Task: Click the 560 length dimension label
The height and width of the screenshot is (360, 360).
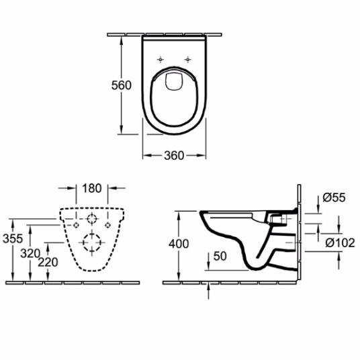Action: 121,86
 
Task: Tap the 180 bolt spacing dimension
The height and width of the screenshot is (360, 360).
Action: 92,188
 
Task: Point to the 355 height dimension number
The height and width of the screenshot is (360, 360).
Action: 13,239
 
